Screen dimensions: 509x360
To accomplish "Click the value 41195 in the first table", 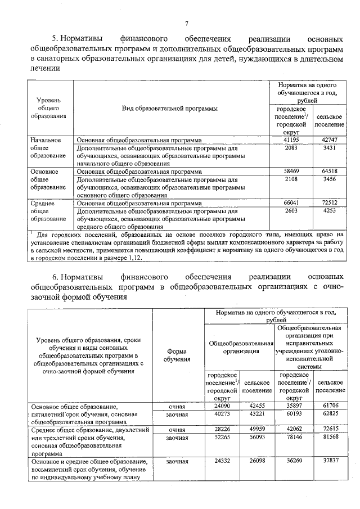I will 290,139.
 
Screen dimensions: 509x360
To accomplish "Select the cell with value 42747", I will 329,139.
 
